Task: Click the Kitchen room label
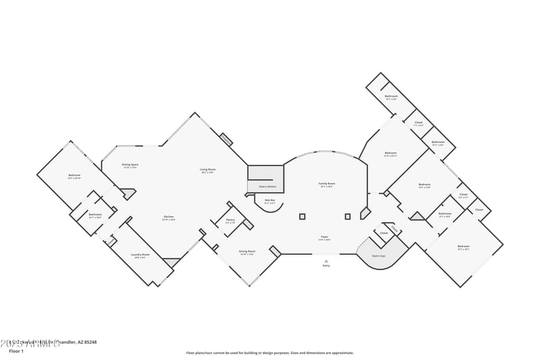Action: [x=168, y=217]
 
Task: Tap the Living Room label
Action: [x=207, y=170]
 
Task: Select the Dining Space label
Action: [x=130, y=165]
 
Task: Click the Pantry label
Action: [x=230, y=220]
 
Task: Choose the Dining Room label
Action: [x=246, y=252]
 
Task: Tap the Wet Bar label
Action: [x=269, y=201]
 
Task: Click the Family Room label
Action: [x=327, y=184]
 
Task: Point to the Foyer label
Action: [x=324, y=237]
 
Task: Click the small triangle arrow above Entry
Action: [x=326, y=261]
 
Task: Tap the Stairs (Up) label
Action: [x=379, y=255]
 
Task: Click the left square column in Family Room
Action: [x=302, y=217]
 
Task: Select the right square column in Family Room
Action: [x=348, y=217]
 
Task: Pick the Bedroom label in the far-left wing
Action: [x=74, y=176]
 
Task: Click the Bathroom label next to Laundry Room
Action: [x=94, y=215]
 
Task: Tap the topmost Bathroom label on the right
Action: [x=391, y=96]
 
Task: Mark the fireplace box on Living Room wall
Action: [x=226, y=140]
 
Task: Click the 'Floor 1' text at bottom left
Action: [x=16, y=351]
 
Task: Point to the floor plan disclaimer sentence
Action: [x=269, y=353]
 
